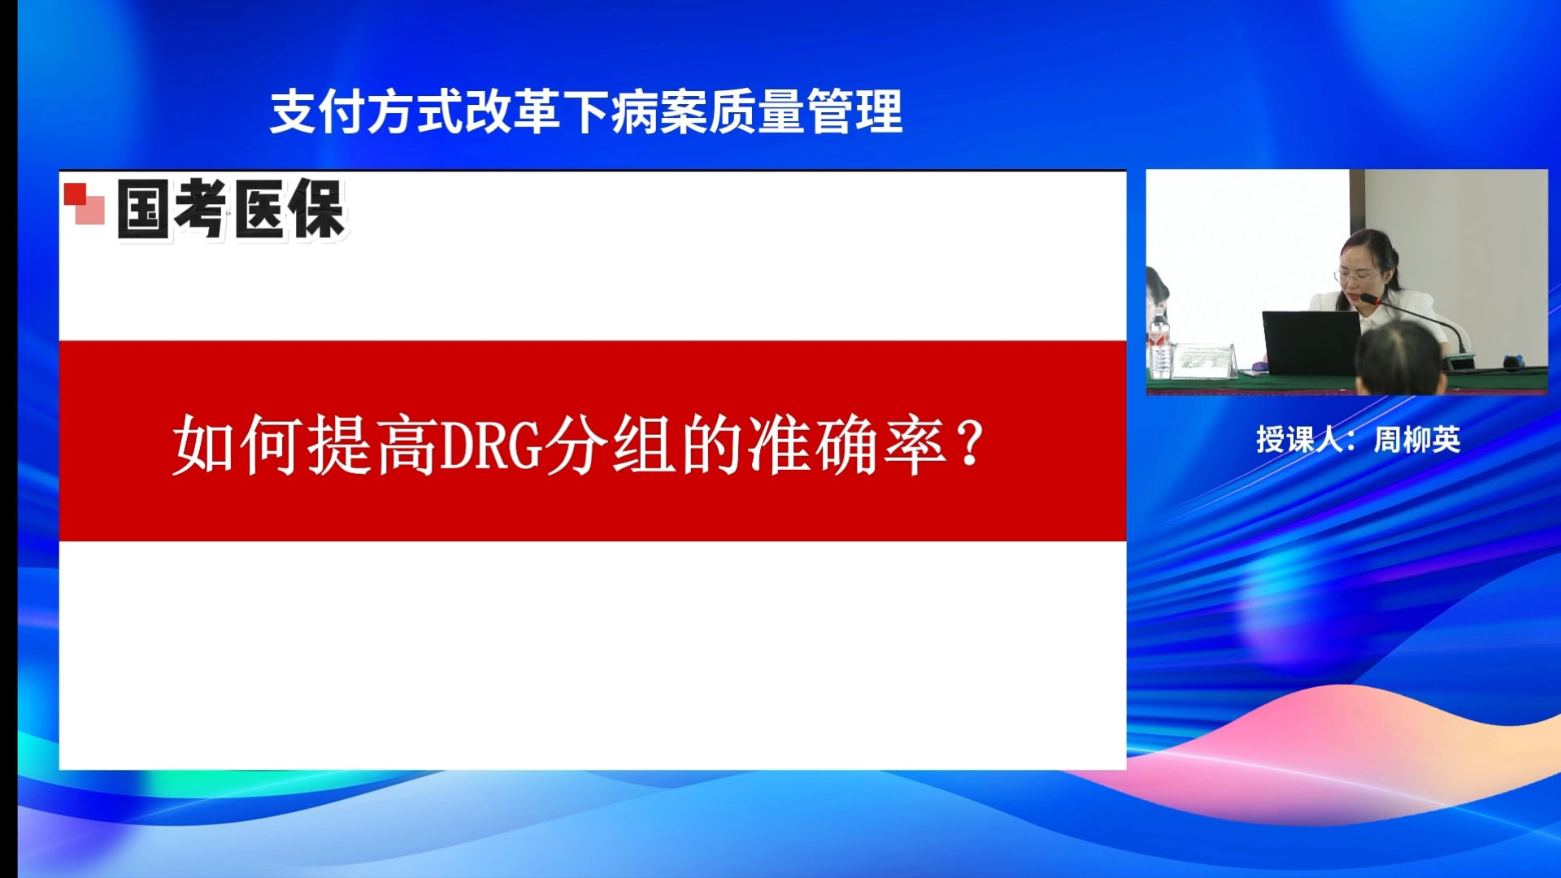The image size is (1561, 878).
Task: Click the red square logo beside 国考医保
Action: (85, 203)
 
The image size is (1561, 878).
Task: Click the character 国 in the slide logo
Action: (143, 209)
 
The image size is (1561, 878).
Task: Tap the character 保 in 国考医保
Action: (317, 209)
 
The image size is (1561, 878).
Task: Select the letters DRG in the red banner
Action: (491, 446)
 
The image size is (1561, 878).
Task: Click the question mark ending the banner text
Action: (970, 443)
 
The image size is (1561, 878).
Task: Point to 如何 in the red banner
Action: (239, 445)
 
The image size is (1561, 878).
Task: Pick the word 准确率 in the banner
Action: (848, 445)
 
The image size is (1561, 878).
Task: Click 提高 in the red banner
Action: (373, 445)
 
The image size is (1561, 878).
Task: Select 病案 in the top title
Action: (659, 111)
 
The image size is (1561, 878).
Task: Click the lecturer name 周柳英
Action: (1417, 440)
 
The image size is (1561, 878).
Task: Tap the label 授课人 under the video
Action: (1299, 440)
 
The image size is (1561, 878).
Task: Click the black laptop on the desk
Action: (1311, 342)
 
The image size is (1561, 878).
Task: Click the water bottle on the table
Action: (1160, 345)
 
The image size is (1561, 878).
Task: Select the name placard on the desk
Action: (1205, 360)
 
